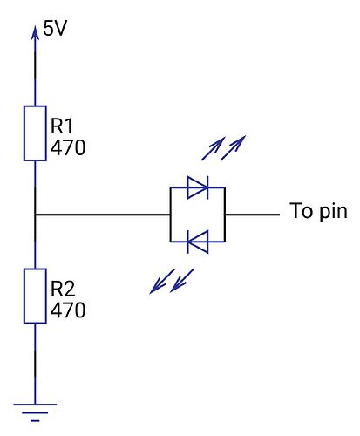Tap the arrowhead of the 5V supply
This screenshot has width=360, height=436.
(x=35, y=32)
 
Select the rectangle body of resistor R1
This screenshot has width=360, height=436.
(x=35, y=133)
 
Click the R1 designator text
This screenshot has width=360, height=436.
(x=64, y=127)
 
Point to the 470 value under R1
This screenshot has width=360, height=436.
(x=67, y=147)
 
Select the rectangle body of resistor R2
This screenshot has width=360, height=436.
(x=35, y=296)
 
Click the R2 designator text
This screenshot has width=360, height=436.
(x=64, y=289)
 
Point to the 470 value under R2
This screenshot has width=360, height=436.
(x=67, y=309)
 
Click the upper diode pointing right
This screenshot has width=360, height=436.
(x=197, y=185)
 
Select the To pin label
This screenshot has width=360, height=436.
(x=318, y=212)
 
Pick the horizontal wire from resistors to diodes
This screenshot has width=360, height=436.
(x=100, y=214)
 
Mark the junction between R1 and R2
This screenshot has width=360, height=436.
(x=35, y=214)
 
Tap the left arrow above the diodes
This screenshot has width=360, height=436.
(x=213, y=150)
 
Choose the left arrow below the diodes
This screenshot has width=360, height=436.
(x=161, y=282)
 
